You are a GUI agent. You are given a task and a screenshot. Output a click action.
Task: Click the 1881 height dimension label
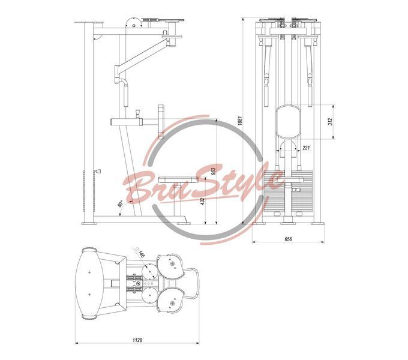[240, 121]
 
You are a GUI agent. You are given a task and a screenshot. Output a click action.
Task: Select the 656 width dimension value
[288, 239]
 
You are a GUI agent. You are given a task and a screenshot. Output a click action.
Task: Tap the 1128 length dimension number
[137, 340]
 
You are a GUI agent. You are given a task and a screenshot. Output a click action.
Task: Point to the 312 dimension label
[330, 122]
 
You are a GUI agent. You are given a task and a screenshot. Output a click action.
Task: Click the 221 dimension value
[306, 148]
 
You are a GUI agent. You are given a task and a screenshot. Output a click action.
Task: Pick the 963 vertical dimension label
[214, 170]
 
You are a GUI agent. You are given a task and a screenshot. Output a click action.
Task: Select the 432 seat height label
[203, 202]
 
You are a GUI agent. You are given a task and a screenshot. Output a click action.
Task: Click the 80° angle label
[121, 203]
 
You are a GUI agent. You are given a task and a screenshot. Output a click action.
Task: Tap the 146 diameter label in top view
[141, 254]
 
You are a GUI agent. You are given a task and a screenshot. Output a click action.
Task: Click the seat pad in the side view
[178, 179]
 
